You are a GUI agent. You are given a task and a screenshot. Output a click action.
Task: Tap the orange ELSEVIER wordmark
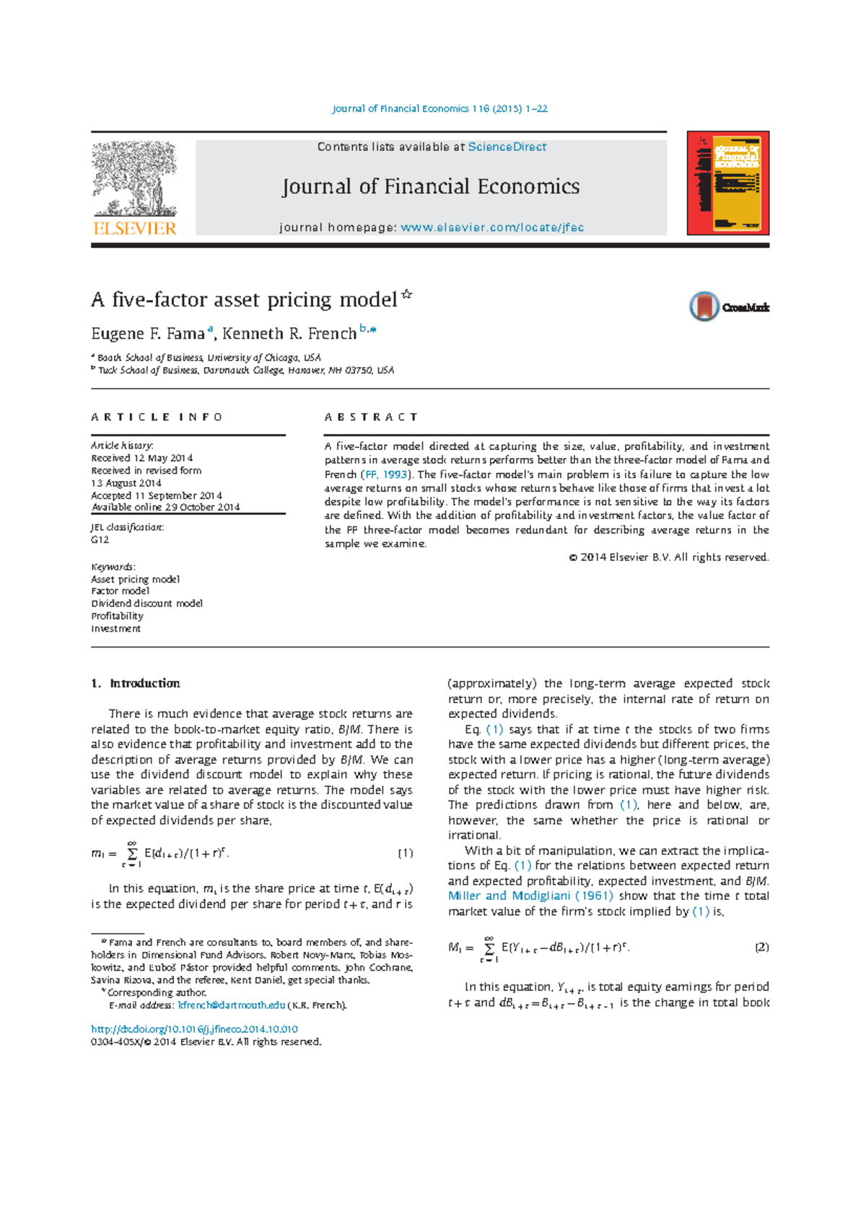tap(135, 229)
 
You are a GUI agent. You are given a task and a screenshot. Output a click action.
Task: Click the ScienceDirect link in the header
tap(507, 147)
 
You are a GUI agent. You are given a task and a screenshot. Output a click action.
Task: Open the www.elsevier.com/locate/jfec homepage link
tap(492, 228)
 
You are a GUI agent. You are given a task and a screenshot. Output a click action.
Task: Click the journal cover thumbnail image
tap(727, 183)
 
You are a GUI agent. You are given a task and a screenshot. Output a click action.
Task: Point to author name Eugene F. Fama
tap(148, 334)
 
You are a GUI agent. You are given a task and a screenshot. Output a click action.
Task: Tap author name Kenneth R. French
tap(289, 334)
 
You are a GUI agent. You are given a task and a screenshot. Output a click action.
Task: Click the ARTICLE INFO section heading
tap(157, 418)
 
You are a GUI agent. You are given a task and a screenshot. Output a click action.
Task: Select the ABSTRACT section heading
tap(371, 418)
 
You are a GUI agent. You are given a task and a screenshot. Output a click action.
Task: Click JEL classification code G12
tap(100, 539)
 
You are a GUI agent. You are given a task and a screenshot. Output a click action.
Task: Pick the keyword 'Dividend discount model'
tap(146, 604)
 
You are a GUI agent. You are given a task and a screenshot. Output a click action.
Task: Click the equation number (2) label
tap(761, 947)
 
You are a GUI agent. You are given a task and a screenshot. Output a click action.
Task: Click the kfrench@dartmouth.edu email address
tap(231, 1005)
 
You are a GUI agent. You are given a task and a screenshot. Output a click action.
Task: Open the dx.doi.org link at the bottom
tap(194, 1029)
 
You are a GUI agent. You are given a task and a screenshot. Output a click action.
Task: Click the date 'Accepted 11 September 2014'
tap(157, 495)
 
